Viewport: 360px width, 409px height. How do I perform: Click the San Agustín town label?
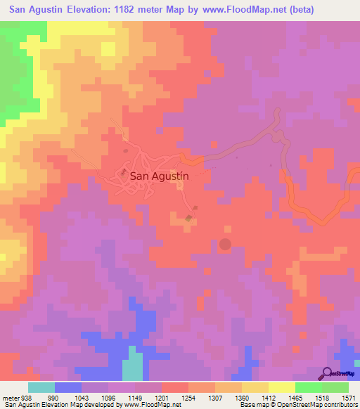pos(160,178)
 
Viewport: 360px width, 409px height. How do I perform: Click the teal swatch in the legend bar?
pos(41,387)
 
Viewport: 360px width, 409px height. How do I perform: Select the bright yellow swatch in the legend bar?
pos(281,387)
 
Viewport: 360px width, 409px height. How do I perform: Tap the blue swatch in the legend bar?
pos(68,387)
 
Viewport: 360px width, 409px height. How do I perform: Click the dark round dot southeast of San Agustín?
pos(225,244)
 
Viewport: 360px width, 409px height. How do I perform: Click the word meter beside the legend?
pos(12,398)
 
